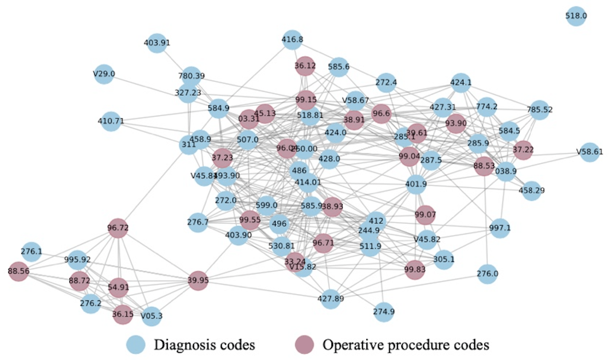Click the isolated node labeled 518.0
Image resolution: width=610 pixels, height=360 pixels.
pyautogui.click(x=576, y=16)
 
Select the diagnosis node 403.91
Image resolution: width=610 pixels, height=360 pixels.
pyautogui.click(x=157, y=43)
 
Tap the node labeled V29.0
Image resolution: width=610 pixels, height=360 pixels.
pyautogui.click(x=104, y=74)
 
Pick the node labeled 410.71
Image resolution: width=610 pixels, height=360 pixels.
pyautogui.click(x=111, y=121)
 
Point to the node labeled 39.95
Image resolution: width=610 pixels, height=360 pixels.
pyautogui.click(x=198, y=280)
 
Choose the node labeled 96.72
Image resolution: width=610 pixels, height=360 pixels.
pyautogui.click(x=118, y=227)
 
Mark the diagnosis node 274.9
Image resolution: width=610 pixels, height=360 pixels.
pyautogui.click(x=384, y=311)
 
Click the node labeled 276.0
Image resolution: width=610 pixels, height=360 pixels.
pyautogui.click(x=487, y=274)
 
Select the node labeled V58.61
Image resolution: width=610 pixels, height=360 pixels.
pyautogui.click(x=590, y=152)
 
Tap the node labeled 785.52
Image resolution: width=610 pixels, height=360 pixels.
pyautogui.click(x=539, y=110)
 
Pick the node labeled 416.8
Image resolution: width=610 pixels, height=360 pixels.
pyautogui.click(x=292, y=39)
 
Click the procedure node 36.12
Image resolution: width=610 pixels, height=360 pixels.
pyautogui.click(x=305, y=66)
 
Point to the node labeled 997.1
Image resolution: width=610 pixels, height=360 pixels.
pyautogui.click(x=500, y=228)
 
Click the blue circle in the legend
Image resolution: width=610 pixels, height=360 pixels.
pyautogui.click(x=136, y=345)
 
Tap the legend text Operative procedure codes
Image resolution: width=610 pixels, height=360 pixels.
pyautogui.click(x=406, y=345)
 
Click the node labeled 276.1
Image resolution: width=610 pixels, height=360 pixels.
pyautogui.click(x=32, y=252)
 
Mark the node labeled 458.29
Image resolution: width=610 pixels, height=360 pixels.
pyautogui.click(x=531, y=191)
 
